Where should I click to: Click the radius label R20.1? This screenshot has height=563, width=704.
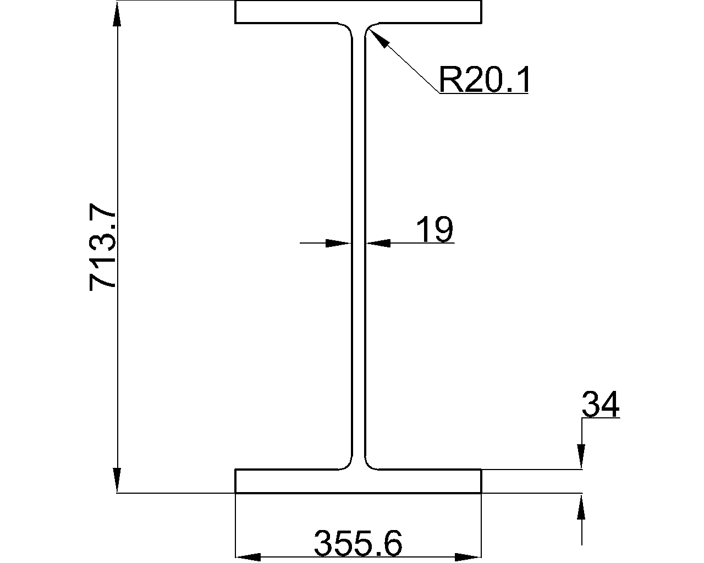point(483,80)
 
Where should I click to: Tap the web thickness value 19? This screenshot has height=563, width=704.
point(435,229)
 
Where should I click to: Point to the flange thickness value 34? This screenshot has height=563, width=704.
point(601,404)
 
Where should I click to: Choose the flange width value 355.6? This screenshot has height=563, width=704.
point(358,543)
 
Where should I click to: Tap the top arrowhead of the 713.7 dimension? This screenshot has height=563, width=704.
point(117,13)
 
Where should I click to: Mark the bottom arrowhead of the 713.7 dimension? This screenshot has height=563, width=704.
point(117,480)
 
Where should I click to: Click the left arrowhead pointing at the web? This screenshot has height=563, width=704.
point(338,243)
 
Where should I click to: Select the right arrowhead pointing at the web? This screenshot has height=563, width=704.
point(378,243)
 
